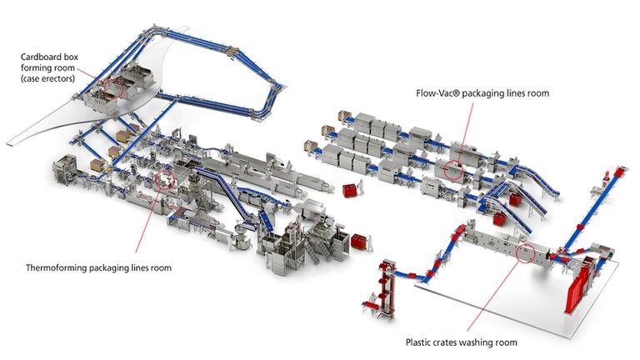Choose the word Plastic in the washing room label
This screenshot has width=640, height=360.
pos(420,342)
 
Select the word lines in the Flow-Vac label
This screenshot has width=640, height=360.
pos(508,92)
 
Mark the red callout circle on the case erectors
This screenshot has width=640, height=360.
pos(113,86)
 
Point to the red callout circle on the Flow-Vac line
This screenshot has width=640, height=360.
pos(454,171)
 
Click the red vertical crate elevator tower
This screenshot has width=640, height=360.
pos(384,278)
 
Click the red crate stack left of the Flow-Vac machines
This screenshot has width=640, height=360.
pos(349,190)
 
